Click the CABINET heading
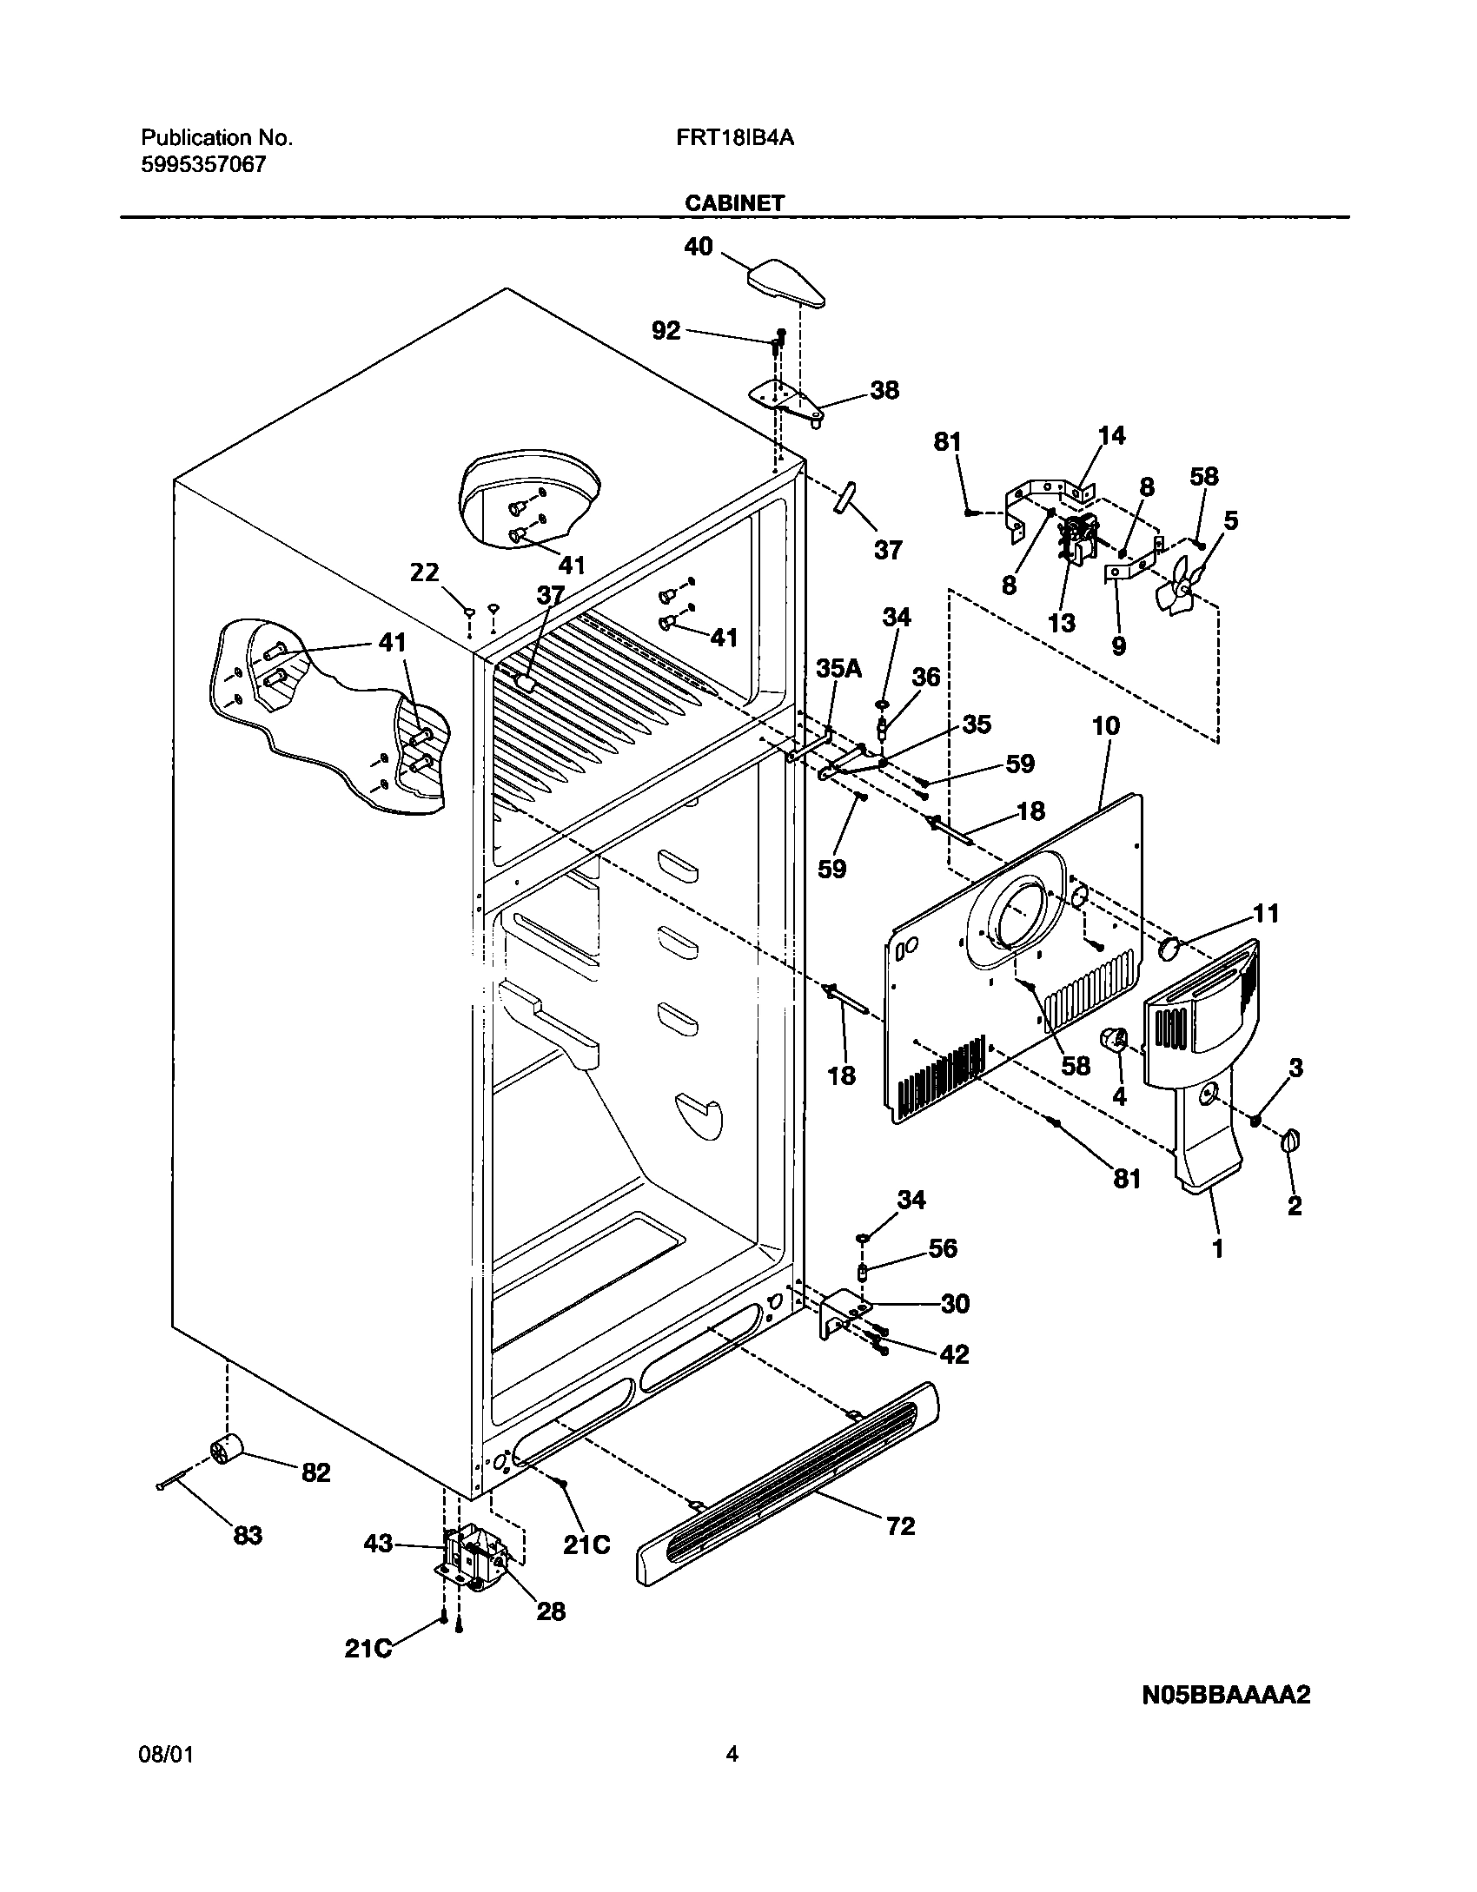pyautogui.click(x=734, y=203)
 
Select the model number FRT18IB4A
pyautogui.click(x=734, y=138)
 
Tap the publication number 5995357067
pyautogui.click(x=203, y=164)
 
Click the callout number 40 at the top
pyautogui.click(x=699, y=247)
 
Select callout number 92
pyautogui.click(x=666, y=330)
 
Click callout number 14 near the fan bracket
pyautogui.click(x=1111, y=435)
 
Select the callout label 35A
pyautogui.click(x=838, y=668)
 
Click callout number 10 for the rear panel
pyautogui.click(x=1105, y=725)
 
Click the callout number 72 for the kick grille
pyautogui.click(x=900, y=1526)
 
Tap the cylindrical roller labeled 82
pyautogui.click(x=227, y=1452)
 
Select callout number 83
pyautogui.click(x=248, y=1536)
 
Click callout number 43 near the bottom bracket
pyautogui.click(x=379, y=1544)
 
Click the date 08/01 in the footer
pyautogui.click(x=166, y=1754)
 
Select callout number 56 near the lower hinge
pyautogui.click(x=943, y=1248)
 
